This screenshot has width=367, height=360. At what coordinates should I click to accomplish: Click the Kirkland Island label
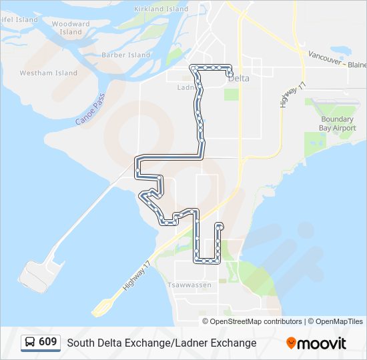161,9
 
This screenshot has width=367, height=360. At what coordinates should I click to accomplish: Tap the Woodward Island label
70,28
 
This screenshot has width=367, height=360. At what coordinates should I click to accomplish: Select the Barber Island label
127,55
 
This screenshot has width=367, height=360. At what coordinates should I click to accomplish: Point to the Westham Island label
48,73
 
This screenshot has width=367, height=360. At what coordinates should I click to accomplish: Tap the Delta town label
239,78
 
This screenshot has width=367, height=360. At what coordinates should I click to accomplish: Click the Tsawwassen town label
191,285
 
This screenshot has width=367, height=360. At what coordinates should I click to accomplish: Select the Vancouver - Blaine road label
338,60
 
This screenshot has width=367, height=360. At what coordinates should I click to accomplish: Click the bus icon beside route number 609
30,342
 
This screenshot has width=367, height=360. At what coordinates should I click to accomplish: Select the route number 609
47,342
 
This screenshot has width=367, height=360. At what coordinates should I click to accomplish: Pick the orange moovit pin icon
291,343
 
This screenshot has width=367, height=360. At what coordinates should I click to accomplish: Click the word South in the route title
80,343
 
